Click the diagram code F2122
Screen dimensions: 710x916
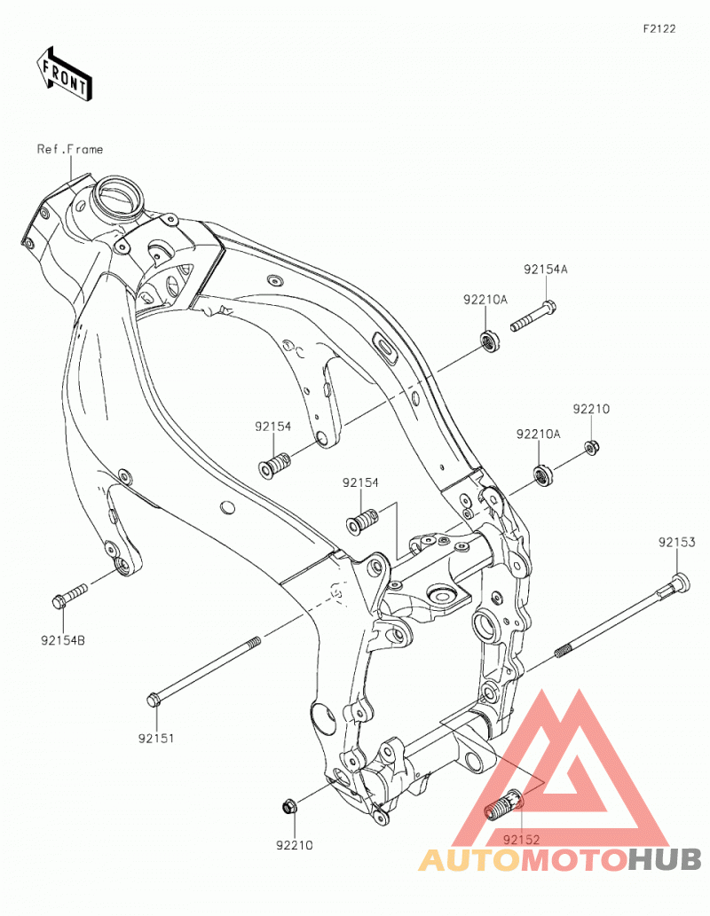coord(659,28)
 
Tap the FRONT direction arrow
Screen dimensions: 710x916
coord(64,74)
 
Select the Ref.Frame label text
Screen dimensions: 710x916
coord(69,149)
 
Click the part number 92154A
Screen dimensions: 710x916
coord(545,270)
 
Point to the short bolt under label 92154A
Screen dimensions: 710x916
coord(532,316)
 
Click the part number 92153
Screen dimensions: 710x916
coord(676,542)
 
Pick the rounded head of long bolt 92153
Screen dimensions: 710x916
coord(680,583)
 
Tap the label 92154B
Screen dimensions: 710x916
coord(63,640)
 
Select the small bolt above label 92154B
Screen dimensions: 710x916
coord(69,596)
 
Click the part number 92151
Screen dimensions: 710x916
coord(156,738)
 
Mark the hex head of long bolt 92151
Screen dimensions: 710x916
coord(154,698)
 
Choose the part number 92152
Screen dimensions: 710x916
coord(521,840)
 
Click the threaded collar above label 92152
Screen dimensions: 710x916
coord(503,804)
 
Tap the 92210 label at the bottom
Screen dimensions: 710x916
coord(295,845)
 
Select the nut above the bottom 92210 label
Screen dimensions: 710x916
coord(288,807)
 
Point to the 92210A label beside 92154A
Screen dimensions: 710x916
coord(485,300)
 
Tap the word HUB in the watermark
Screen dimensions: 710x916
coord(665,859)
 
